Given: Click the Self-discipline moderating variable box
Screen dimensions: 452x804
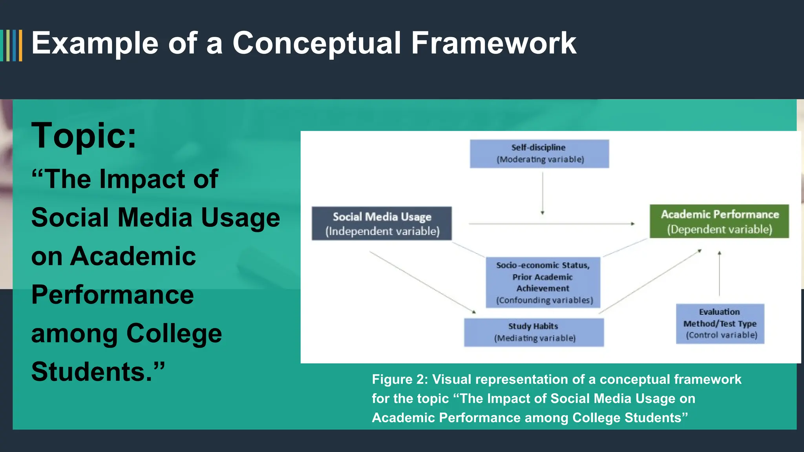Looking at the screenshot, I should (x=539, y=153).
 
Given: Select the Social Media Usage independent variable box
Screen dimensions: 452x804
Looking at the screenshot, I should (x=382, y=223).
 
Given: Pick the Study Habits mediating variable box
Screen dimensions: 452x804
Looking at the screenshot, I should (x=534, y=332).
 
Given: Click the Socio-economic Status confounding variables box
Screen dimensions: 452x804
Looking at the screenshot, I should (x=543, y=282).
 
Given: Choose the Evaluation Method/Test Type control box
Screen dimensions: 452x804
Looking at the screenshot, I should (x=720, y=323).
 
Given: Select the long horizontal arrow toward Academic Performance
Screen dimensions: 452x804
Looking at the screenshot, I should (x=550, y=224).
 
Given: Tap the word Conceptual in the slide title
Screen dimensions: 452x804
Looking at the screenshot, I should (x=316, y=43).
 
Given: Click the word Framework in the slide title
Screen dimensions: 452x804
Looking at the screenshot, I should (x=493, y=43).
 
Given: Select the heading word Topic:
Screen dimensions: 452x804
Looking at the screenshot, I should (x=84, y=135).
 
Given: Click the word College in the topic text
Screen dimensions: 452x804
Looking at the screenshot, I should (x=174, y=334).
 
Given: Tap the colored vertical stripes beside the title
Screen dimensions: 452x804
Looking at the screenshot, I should (x=12, y=45).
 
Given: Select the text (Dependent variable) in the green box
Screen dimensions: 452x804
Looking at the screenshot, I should (x=719, y=230).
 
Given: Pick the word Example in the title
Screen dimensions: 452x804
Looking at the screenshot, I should (x=95, y=43).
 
